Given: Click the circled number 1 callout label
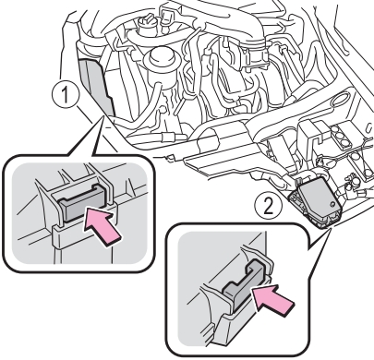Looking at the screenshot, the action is (66, 95).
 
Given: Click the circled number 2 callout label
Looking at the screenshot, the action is (269, 207).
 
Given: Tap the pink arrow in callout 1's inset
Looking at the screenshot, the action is (103, 226).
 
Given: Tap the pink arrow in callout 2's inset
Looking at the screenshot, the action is (271, 300).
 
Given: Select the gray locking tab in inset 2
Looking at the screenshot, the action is (245, 284).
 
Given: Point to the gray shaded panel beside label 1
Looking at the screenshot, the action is (96, 87).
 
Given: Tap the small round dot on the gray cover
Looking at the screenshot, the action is (332, 204).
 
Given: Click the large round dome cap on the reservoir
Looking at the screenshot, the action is (162, 57).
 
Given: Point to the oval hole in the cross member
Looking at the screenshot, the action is (340, 100).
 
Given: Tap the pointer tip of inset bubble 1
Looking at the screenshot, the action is (102, 117).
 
